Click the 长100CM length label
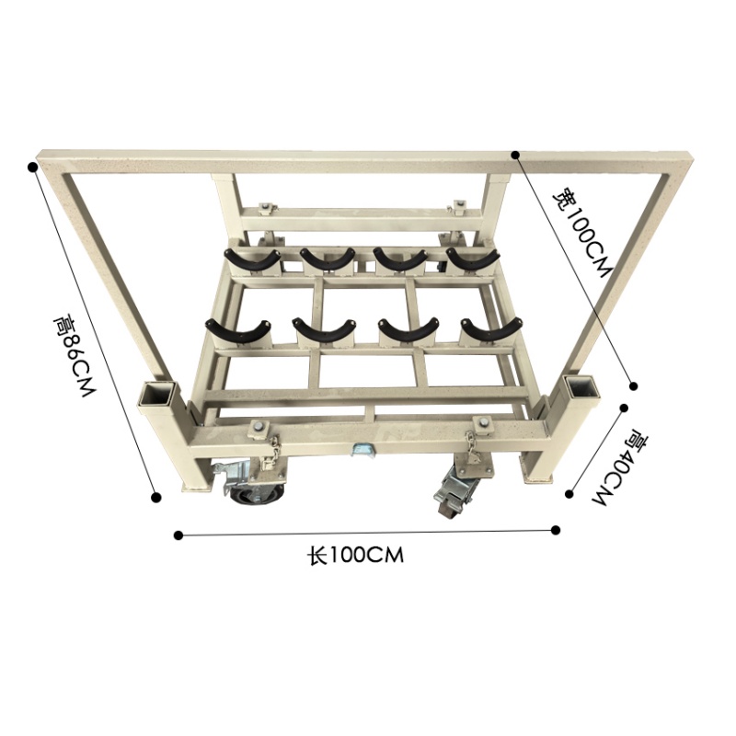tap(355, 556)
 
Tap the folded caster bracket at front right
tap(456, 489)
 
